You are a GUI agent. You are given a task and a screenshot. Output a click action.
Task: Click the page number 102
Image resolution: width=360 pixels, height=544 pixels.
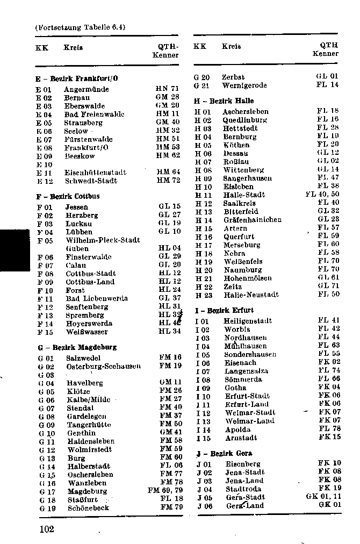point(47,529)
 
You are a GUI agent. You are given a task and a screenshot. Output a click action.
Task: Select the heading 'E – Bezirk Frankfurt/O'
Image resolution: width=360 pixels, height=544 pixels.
point(77,78)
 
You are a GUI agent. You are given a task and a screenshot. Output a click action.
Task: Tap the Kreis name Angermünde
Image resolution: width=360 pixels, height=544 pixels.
point(86,89)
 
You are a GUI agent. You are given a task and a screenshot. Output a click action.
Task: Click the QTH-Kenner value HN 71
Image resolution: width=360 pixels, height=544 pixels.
point(167,89)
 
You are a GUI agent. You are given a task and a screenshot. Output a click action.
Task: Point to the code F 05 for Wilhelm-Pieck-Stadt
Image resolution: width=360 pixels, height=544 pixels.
point(45,240)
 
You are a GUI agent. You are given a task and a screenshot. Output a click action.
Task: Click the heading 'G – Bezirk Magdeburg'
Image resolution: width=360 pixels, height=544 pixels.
point(77,347)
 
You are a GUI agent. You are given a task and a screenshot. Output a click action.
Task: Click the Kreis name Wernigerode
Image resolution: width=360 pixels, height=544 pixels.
point(244,85)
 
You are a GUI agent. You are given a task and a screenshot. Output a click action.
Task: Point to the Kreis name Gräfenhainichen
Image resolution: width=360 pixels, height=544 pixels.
point(253,220)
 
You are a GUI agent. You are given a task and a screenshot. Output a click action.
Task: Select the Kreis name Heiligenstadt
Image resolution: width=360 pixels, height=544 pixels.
point(248,321)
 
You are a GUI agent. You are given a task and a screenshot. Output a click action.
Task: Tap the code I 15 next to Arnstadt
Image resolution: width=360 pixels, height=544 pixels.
point(203,438)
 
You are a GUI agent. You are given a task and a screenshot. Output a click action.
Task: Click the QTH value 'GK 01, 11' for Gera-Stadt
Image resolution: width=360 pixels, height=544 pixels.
point(322,497)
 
